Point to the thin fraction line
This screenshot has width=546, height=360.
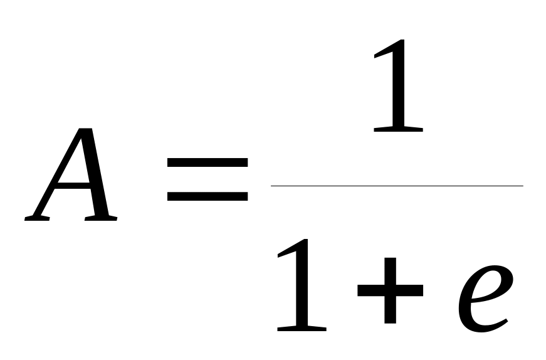coord(396,186)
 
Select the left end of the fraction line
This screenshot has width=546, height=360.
coord(272,186)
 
